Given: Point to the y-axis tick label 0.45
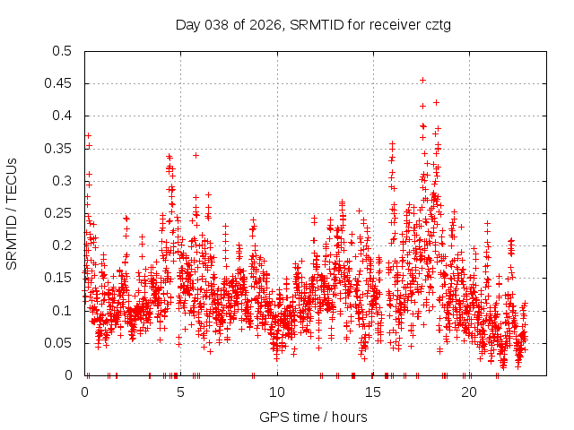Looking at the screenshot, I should (x=62, y=83).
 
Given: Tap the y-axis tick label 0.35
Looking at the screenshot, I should (x=62, y=148).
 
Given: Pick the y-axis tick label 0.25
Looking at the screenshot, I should (x=62, y=213).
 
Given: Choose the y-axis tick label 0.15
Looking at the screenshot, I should (x=62, y=278).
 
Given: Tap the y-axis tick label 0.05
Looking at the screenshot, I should (x=62, y=342).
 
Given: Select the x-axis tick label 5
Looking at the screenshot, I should (x=180, y=392).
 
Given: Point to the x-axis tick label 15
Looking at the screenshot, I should (x=372, y=392).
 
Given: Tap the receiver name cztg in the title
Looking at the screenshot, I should (x=435, y=24).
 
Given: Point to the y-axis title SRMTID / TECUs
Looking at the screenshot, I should (x=12, y=213).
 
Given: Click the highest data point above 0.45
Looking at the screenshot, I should (x=422, y=80).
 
